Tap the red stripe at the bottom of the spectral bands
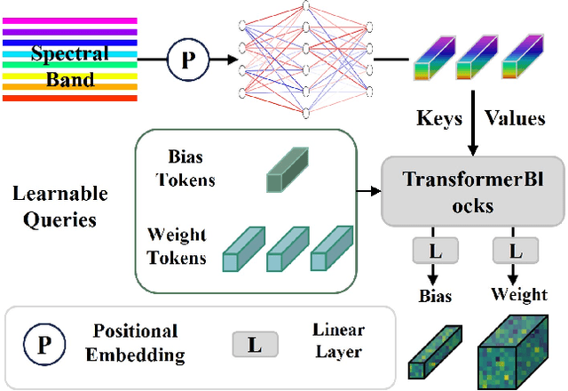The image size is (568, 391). (x=69, y=98)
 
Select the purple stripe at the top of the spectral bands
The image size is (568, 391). (x=69, y=19)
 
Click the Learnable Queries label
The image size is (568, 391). (x=60, y=206)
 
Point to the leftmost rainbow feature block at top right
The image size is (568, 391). (x=434, y=62)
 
